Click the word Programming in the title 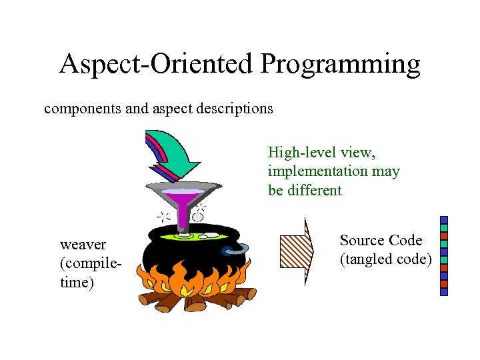point(340,65)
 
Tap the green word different point(313,190)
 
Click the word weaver point(83,245)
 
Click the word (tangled point(367,259)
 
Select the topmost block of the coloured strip point(444,220)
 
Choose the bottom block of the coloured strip point(444,291)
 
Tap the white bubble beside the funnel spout point(198,217)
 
